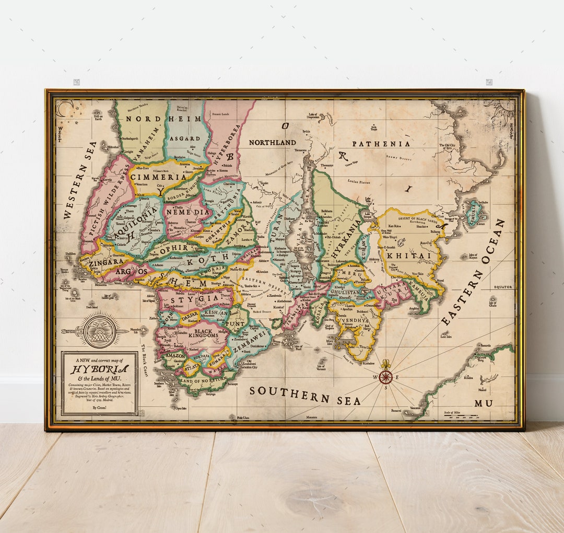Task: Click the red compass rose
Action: click(x=386, y=377)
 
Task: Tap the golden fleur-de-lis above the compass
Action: click(x=386, y=364)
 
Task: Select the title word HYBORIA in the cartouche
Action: click(x=99, y=369)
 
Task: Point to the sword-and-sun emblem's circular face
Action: click(x=99, y=331)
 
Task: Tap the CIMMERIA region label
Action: click(x=158, y=177)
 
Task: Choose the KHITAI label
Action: click(x=410, y=256)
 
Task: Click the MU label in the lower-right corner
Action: click(x=483, y=403)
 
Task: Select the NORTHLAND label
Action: click(x=272, y=142)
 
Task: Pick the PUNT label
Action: click(x=237, y=324)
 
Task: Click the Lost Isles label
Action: click(x=445, y=337)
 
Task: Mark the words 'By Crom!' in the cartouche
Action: click(x=99, y=407)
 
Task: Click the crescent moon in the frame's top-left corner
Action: click(x=63, y=109)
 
